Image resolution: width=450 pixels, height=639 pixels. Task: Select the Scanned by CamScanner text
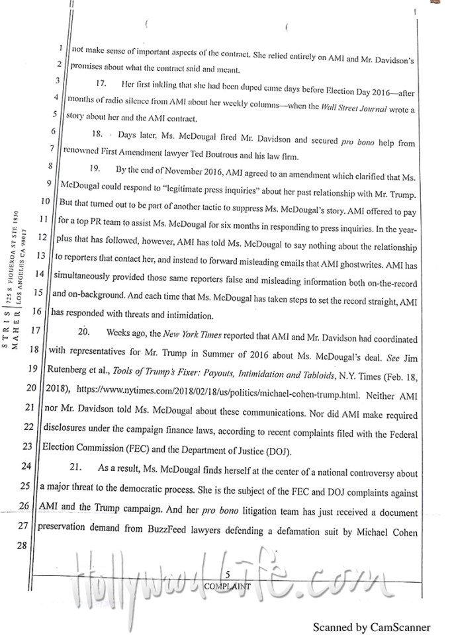[x=372, y=627]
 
